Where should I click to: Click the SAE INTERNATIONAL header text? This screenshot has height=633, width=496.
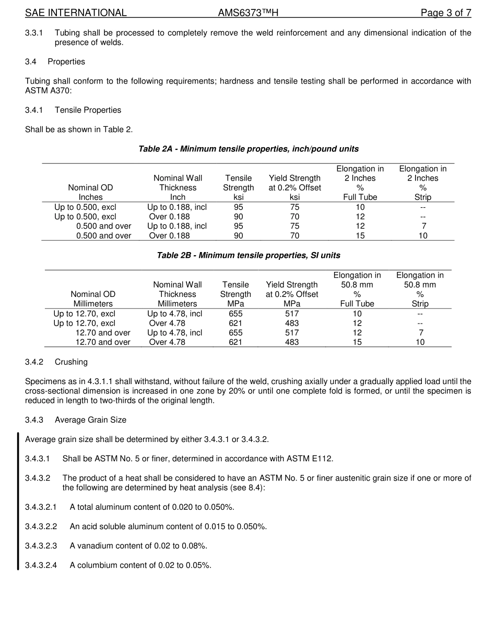[x=76, y=13]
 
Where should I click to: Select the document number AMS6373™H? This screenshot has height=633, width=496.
[x=248, y=13]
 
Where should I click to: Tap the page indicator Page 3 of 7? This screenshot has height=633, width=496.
[x=446, y=13]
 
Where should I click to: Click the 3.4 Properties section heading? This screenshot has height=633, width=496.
[x=55, y=62]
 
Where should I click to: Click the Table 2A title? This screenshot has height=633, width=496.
[x=248, y=149]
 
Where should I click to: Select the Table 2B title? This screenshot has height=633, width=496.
[x=248, y=255]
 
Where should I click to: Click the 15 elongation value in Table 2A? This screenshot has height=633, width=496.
[x=360, y=235]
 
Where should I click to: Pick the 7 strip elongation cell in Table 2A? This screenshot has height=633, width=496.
[x=423, y=226]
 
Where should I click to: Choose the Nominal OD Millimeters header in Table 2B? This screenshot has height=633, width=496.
[x=93, y=298]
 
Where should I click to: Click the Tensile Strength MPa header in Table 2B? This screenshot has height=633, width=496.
[x=235, y=294]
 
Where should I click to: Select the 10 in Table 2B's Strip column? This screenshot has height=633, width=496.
[x=420, y=342]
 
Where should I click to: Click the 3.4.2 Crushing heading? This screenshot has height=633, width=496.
[x=56, y=362]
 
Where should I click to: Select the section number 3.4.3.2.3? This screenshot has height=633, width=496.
[x=41, y=545]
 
